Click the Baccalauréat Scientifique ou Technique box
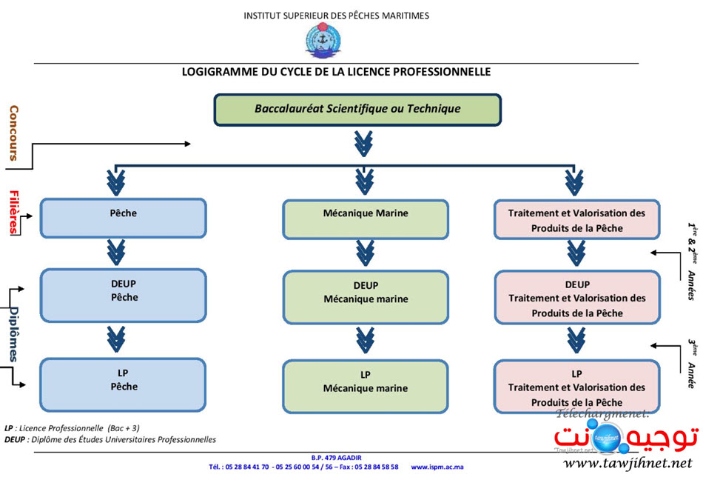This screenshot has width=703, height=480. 357,109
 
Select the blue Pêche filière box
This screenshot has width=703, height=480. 123,218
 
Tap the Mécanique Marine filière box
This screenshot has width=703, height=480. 365,219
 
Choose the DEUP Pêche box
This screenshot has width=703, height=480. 123,295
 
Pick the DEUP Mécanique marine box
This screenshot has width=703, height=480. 365,296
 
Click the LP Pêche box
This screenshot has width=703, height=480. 123,384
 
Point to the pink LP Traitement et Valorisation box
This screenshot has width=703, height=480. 576,387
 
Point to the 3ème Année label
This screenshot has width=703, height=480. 690,363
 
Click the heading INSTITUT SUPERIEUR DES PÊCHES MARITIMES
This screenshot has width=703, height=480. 336,16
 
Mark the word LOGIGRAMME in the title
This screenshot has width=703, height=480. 215,72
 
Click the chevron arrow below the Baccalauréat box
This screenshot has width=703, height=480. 363,143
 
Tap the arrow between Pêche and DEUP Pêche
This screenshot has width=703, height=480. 115,251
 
